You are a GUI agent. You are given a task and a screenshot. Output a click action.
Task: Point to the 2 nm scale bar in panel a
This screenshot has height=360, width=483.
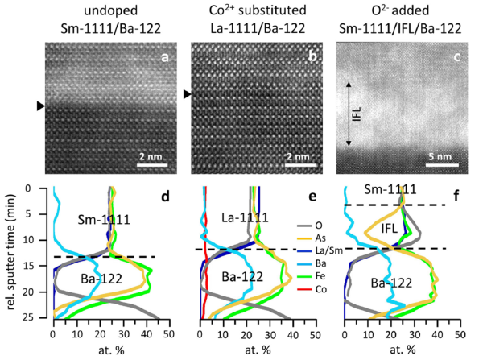[x=151, y=165]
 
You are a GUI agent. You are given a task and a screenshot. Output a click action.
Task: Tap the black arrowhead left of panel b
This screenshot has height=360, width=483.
[x=187, y=94]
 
